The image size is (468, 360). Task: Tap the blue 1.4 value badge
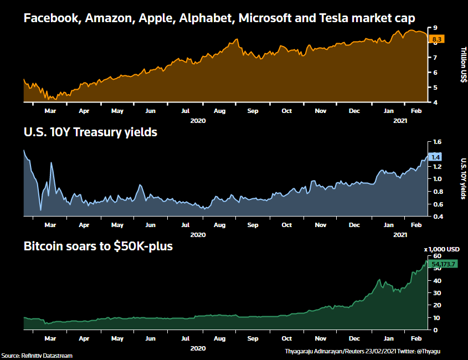point(435,157)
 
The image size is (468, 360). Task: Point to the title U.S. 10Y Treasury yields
point(90,132)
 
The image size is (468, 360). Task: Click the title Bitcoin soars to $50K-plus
point(98,246)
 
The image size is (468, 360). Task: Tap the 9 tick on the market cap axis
point(435,28)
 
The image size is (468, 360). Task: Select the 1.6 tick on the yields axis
point(437,142)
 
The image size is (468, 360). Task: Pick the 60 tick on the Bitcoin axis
point(436,256)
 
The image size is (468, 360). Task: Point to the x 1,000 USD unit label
point(442,249)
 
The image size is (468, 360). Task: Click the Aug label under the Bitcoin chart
point(219,338)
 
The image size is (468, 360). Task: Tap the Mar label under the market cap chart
point(50,111)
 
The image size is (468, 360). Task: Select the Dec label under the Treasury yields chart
point(354,225)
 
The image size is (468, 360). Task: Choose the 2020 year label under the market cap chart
point(198,120)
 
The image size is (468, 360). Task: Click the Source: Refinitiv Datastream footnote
point(37,356)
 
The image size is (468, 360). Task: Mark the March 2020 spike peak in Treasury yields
point(52,163)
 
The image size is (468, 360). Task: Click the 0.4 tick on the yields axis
point(437,217)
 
